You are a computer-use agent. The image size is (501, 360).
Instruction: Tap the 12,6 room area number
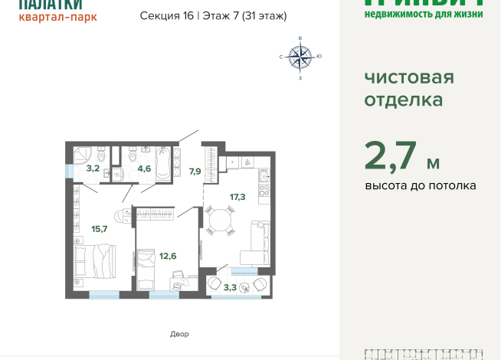(168, 256)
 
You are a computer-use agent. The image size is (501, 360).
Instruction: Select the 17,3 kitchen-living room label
(237, 197)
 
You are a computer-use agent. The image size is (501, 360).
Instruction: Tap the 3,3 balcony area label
(230, 287)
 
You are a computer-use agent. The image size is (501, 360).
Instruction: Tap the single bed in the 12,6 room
(149, 264)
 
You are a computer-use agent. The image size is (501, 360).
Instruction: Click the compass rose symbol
(300, 56)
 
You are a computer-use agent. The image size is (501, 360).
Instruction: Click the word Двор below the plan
(179, 334)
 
